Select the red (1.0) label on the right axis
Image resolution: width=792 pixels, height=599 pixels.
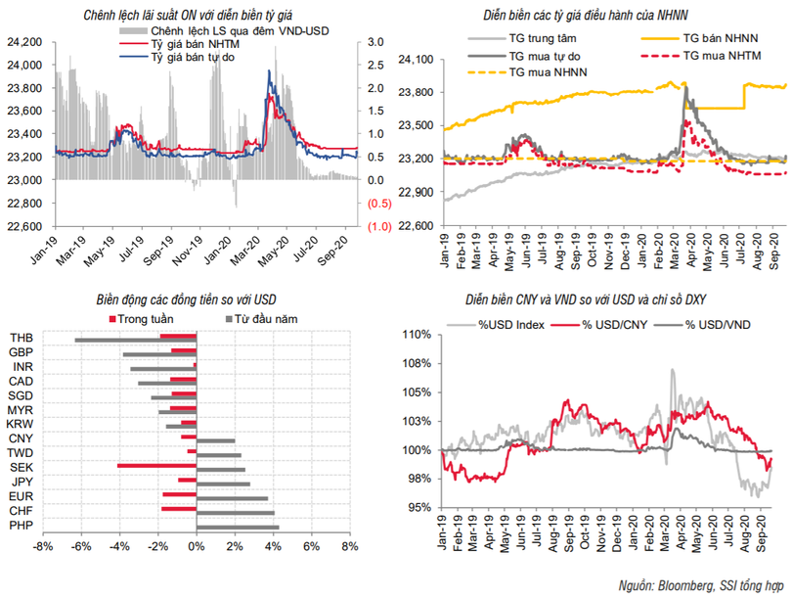pos(378,226)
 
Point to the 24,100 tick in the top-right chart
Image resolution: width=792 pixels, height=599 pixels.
pos(417,60)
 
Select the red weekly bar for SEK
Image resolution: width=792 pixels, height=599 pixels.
pos(156,466)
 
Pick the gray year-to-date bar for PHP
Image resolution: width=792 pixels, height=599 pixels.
pos(238,529)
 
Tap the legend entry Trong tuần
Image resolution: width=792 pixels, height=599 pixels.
pos(138,319)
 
